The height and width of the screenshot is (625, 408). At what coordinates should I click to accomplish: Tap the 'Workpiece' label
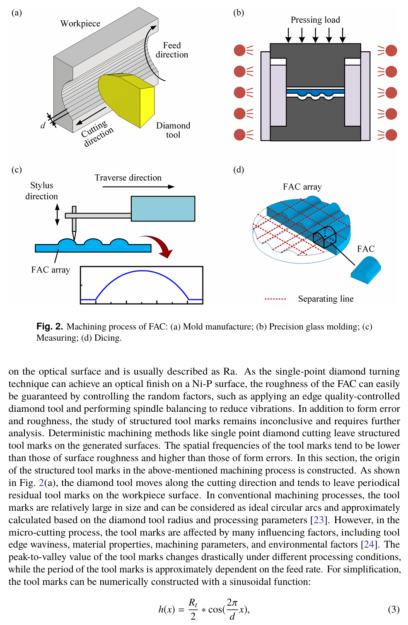coord(80,24)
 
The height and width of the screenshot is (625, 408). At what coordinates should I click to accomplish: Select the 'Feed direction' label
coord(172,50)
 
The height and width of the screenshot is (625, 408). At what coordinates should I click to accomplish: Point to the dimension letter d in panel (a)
coord(43,126)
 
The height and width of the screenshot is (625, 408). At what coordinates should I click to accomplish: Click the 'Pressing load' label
coord(315,20)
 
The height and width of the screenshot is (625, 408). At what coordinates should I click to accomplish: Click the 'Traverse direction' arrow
coord(138,187)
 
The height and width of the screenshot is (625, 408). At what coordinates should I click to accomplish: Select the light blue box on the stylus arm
coord(163,209)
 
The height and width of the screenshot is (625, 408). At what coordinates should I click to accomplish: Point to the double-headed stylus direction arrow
coord(58,214)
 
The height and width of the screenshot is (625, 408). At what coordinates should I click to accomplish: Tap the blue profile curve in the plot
coord(142,272)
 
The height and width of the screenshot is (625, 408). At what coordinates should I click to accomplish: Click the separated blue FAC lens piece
coord(366,270)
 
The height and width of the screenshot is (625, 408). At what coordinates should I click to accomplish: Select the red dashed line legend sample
coord(275,299)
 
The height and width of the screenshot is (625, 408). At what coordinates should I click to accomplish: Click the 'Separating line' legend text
coord(326,299)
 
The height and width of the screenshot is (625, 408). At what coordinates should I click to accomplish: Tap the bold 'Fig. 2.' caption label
coord(50,327)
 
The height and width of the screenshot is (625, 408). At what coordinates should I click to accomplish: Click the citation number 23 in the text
coord(318,520)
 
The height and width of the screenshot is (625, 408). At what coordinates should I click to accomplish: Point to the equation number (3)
coord(394,609)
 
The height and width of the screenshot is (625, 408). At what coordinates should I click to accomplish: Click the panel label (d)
coord(239,170)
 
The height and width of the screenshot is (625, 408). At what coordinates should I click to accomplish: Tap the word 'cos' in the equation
coord(215,610)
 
